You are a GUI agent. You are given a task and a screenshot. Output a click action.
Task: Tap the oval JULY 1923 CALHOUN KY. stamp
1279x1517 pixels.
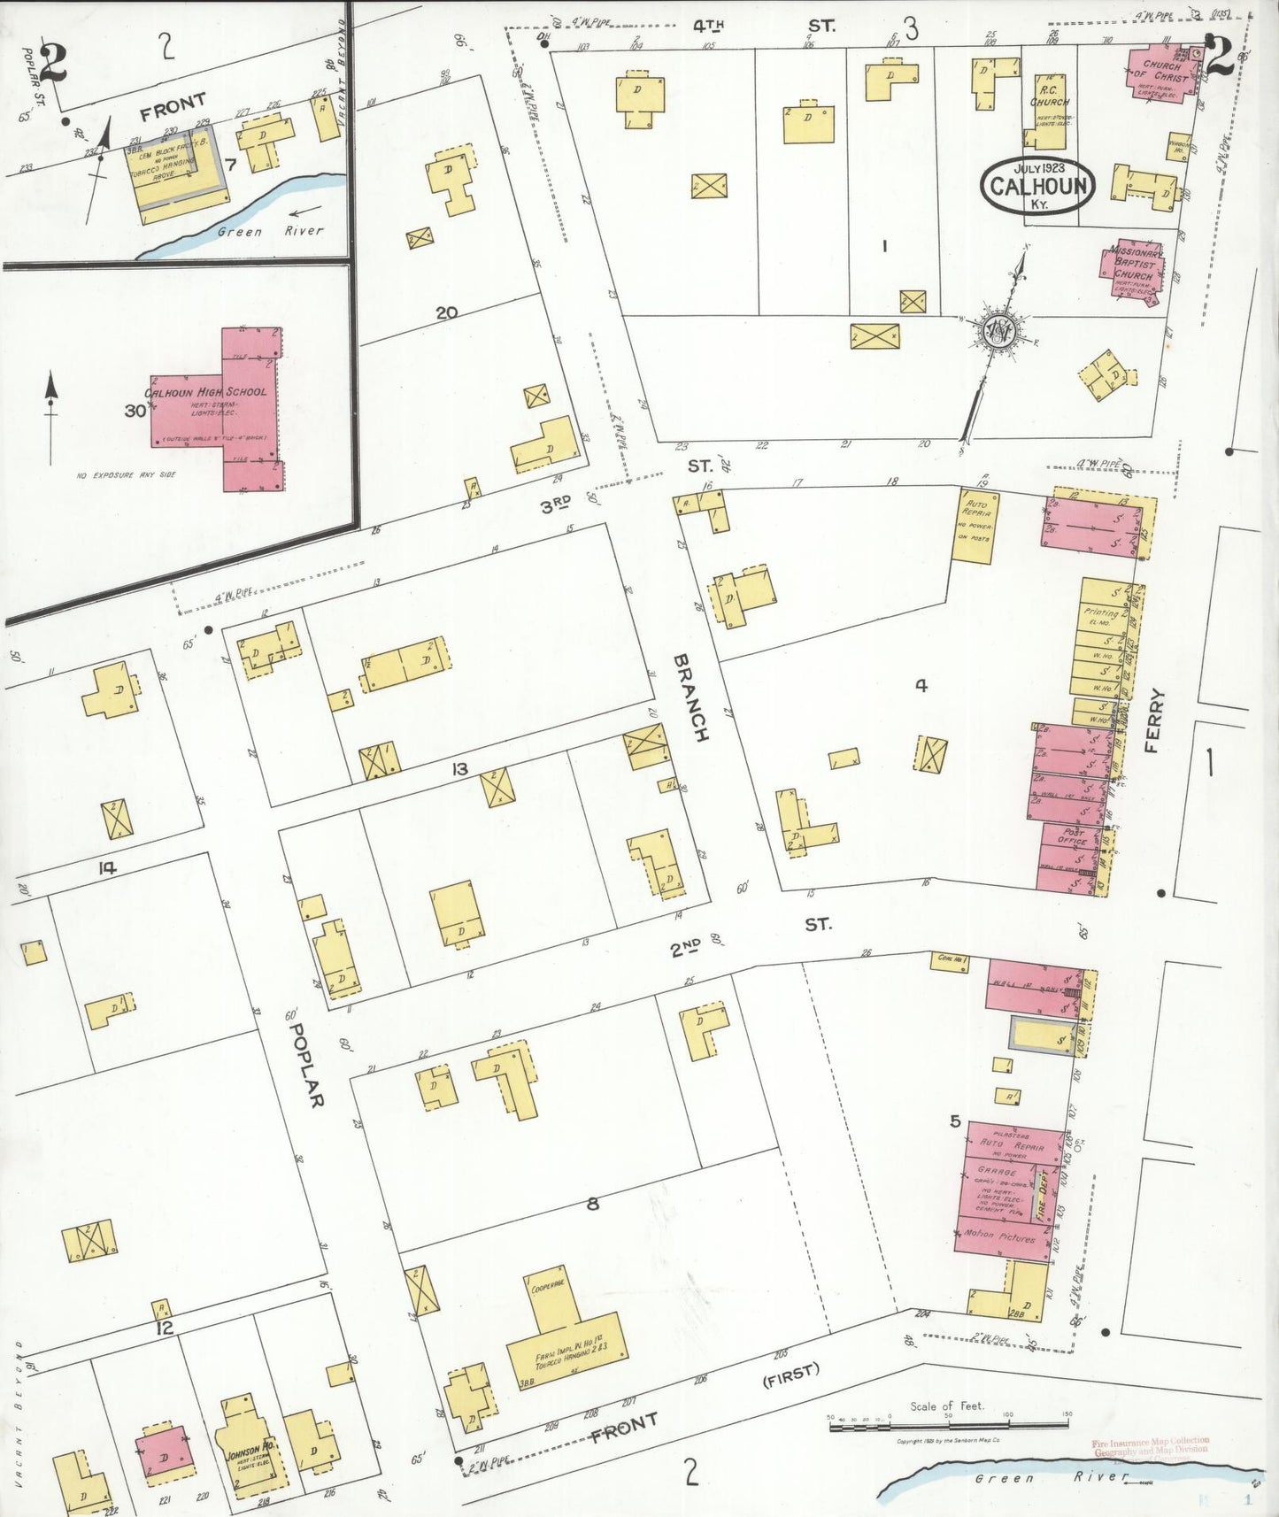pyautogui.click(x=1037, y=185)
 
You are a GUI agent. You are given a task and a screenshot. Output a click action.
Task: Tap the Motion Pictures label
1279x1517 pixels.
pyautogui.click(x=1000, y=1236)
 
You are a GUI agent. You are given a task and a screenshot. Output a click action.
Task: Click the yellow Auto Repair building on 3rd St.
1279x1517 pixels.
pyautogui.click(x=975, y=526)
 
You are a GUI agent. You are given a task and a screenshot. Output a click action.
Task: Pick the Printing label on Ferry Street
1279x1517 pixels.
pyautogui.click(x=1100, y=612)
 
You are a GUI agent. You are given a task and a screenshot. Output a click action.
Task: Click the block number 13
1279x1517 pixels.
pyautogui.click(x=458, y=768)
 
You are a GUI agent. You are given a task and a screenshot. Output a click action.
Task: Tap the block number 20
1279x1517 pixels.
pyautogui.click(x=446, y=312)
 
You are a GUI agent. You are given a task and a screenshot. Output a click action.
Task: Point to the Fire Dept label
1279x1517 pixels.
pyautogui.click(x=1043, y=1189)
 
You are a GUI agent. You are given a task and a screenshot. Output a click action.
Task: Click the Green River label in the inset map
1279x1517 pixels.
pyautogui.click(x=270, y=230)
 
